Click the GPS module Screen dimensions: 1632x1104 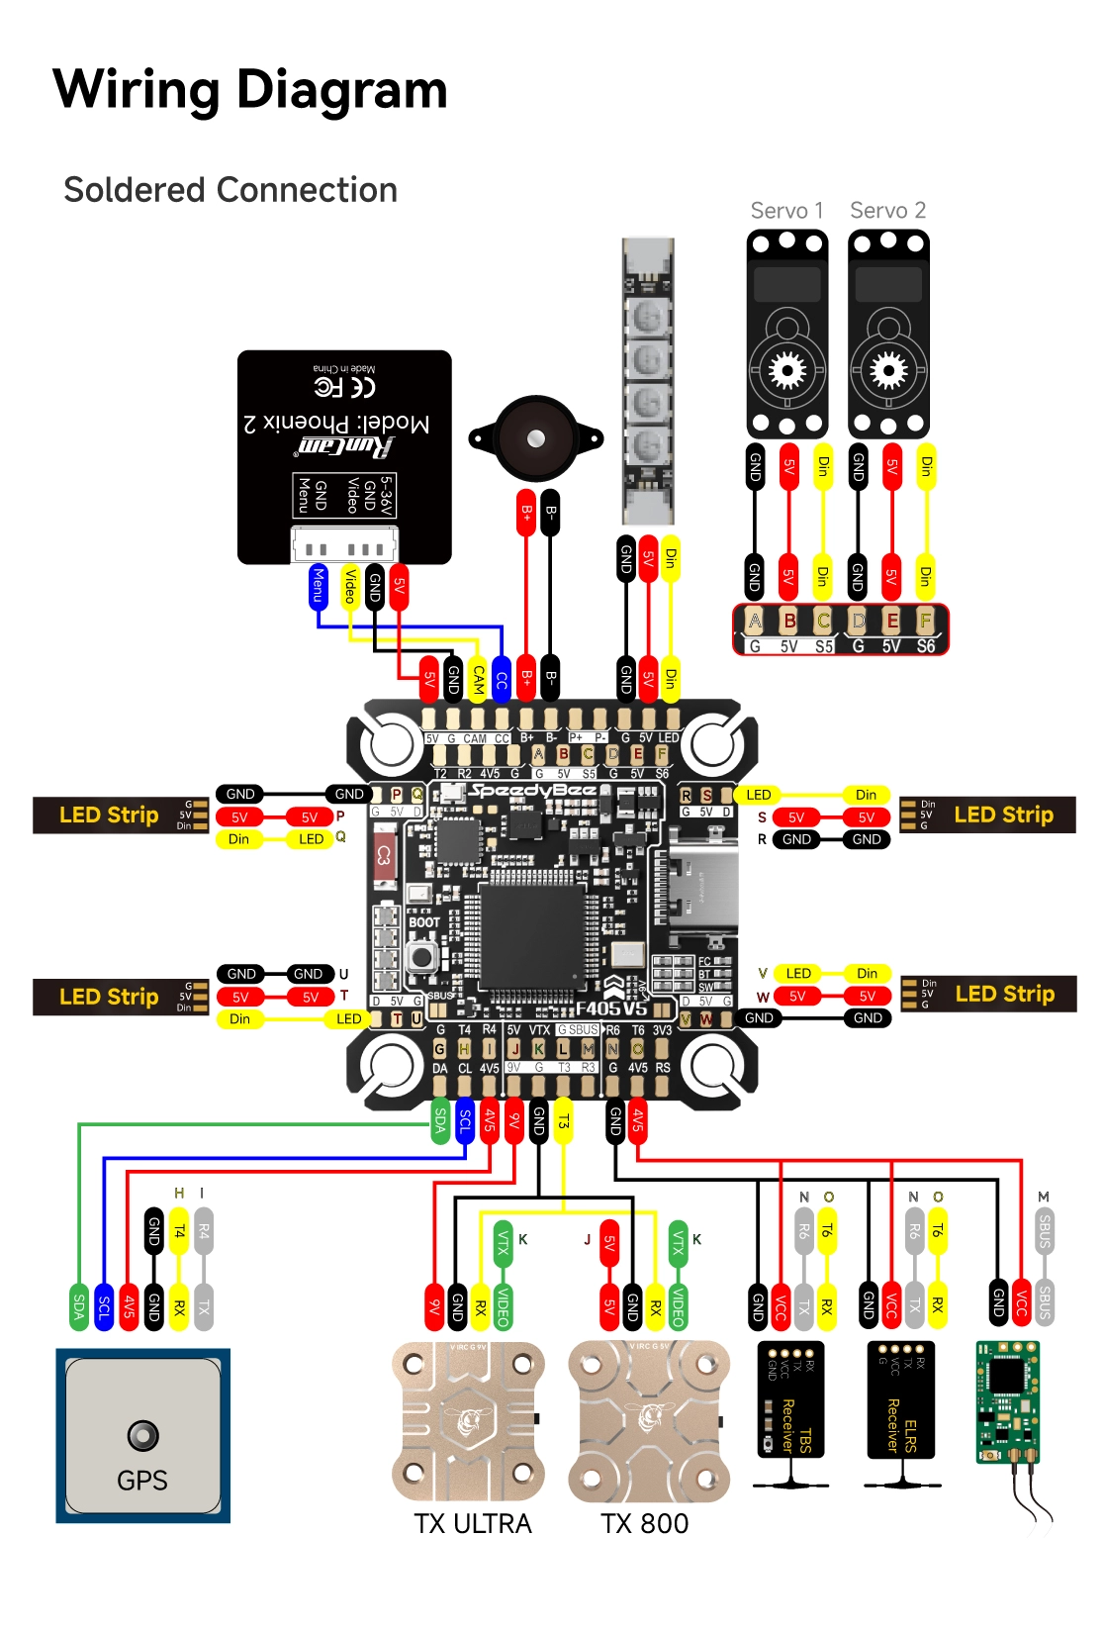(142, 1434)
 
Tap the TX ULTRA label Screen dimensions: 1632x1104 (472, 1523)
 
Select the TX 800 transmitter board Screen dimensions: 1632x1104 (648, 1420)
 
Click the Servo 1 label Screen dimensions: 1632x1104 (786, 211)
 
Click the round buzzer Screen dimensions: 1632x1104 (536, 438)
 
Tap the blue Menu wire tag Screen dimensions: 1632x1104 (318, 585)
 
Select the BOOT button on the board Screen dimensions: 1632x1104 (422, 956)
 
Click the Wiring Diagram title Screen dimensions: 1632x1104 (249, 89)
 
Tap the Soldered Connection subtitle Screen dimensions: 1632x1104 (230, 190)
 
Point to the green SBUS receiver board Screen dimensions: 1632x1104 (1007, 1400)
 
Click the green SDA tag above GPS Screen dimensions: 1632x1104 (78, 1306)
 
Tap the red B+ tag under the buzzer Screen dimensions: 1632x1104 (526, 513)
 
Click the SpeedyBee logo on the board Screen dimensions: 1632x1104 (532, 791)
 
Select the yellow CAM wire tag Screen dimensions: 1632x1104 (478, 679)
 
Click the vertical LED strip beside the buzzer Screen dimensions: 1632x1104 (648, 381)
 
